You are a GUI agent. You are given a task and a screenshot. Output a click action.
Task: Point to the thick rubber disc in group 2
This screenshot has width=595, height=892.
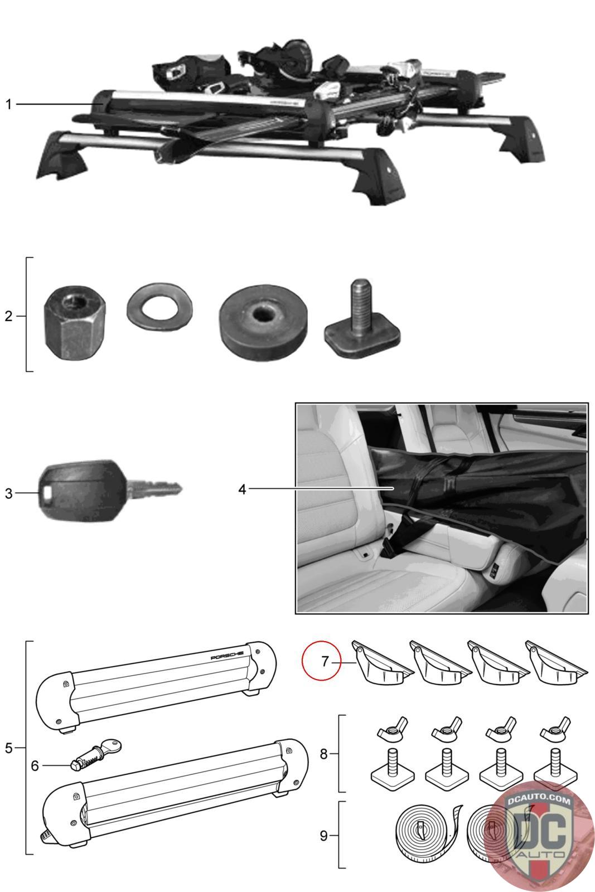coord(263,321)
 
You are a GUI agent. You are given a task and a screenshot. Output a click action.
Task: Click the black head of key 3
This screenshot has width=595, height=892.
coord(82,491)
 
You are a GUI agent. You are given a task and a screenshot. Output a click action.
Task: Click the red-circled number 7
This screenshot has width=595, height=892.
coord(325,661)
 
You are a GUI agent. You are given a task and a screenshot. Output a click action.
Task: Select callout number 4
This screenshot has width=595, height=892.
coord(242,489)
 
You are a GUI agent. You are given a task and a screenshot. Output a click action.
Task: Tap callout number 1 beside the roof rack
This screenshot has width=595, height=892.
coord(8,104)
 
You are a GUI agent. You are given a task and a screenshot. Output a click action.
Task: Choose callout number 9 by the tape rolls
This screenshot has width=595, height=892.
coord(324,836)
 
